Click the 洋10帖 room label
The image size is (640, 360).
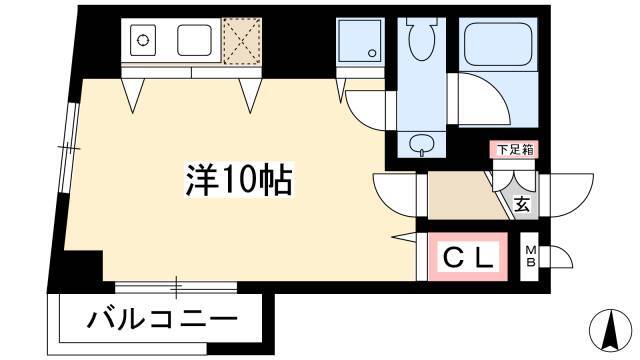coord(239,180)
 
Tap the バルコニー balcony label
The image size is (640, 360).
coord(162,318)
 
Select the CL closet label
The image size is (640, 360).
coord(468,257)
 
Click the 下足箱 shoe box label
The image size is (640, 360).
coord(515,150)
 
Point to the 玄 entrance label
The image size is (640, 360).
coord(522,204)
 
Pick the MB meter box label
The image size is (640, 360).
coord(530,256)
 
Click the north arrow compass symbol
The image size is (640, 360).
coord(611,330)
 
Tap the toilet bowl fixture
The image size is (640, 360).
coord(422,39)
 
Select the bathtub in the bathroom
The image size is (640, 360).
coord(499,44)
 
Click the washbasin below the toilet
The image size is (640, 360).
coord(422,145)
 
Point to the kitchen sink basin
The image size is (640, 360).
coord(194,40)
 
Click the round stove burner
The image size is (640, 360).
coord(142,40)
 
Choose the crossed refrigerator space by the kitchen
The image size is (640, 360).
coord(242,41)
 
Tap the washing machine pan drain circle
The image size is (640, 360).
coord(371,53)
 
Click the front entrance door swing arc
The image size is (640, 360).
coord(571,196)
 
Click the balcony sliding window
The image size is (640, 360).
coord(176,287)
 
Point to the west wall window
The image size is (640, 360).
coord(69,148)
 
